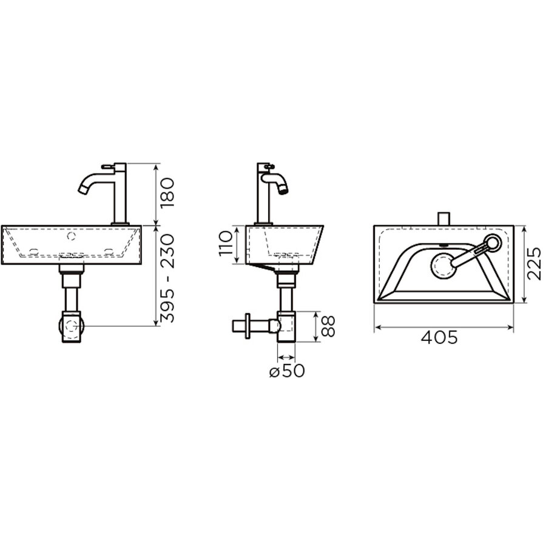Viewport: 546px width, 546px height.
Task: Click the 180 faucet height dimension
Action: (167, 192)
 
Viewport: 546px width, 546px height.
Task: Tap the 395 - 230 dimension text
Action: (167, 277)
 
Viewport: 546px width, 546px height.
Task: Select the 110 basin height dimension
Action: (225, 245)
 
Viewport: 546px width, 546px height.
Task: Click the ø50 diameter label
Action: (287, 371)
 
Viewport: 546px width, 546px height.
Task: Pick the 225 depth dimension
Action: (534, 263)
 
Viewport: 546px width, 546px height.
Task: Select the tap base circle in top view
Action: (493, 244)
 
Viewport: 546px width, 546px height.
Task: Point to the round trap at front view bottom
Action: (71, 326)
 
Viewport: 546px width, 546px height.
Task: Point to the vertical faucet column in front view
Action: (121, 194)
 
